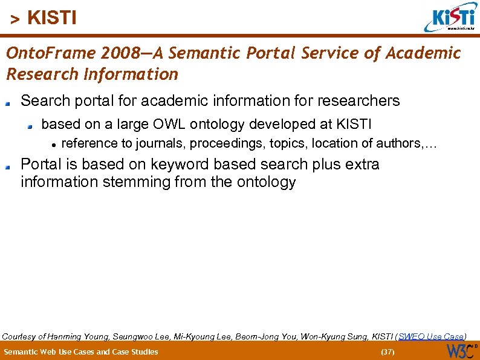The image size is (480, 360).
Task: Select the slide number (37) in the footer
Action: click(x=387, y=352)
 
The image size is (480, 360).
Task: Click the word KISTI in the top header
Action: click(x=52, y=18)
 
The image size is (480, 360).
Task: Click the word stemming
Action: click(x=138, y=182)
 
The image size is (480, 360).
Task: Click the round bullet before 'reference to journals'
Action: click(x=54, y=144)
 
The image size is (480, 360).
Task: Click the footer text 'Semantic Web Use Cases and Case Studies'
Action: click(x=80, y=352)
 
